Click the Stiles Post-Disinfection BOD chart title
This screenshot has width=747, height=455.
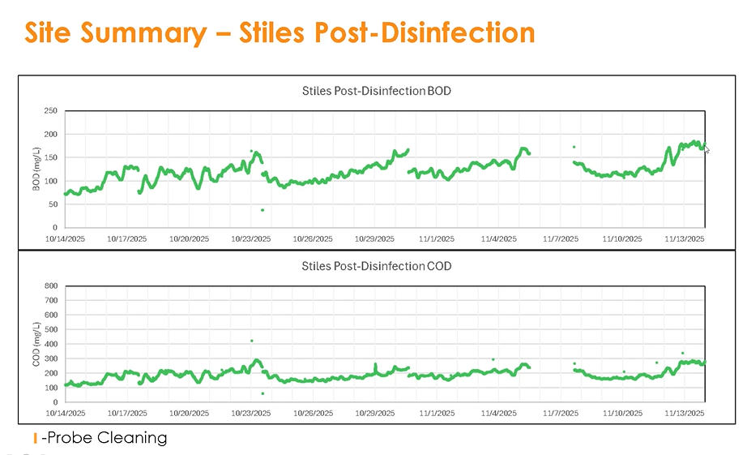point(376,91)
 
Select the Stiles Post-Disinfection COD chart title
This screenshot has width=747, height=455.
point(376,266)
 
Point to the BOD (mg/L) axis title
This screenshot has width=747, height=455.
point(36,170)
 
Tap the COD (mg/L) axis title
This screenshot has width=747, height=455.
point(36,344)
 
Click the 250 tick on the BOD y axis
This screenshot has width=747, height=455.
point(51,111)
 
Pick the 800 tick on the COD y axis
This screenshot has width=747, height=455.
point(51,285)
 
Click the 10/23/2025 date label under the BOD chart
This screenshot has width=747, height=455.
point(250,239)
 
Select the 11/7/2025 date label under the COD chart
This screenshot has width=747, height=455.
point(561,414)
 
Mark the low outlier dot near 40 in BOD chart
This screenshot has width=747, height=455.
point(263,210)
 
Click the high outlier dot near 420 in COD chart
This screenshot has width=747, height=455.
point(252,341)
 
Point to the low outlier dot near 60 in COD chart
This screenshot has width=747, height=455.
point(263,393)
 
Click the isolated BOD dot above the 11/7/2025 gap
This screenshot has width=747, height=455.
point(574,147)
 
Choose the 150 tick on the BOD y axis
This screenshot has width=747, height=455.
point(51,157)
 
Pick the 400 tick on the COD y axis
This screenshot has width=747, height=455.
point(51,344)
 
